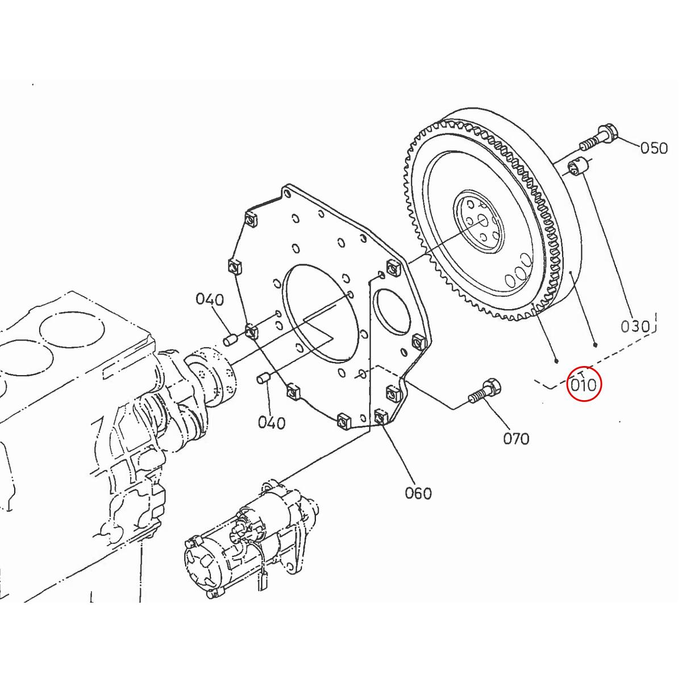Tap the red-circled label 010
(x=584, y=385)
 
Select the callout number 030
(x=634, y=326)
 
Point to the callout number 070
(x=515, y=438)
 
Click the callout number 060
(x=418, y=493)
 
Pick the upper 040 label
(x=210, y=299)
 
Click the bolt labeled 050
(x=597, y=137)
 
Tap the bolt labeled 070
(x=486, y=392)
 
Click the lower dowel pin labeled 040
(x=263, y=378)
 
